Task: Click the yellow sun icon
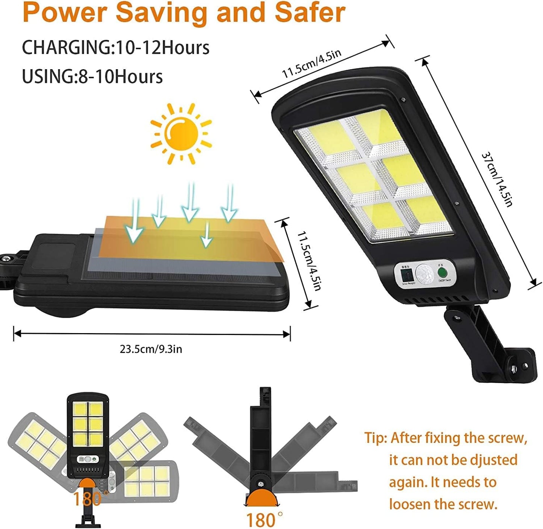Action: (181, 133)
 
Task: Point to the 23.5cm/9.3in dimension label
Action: (151, 349)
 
